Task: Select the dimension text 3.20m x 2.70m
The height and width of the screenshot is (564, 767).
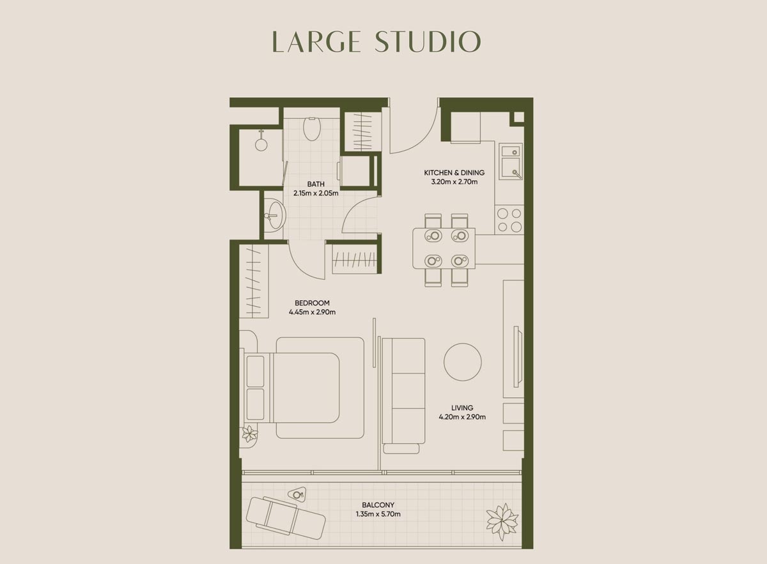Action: (x=454, y=181)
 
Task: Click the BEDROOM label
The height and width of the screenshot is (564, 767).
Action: (x=312, y=303)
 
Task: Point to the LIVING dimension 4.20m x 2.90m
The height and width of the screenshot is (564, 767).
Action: (x=462, y=417)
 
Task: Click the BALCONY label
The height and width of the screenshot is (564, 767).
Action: (x=378, y=505)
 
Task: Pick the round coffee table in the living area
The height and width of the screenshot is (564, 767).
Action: (x=463, y=362)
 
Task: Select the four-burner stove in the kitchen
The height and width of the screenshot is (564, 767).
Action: (x=509, y=220)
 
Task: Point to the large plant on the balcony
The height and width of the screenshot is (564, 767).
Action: (x=502, y=521)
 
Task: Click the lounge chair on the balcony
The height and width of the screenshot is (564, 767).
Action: (x=286, y=516)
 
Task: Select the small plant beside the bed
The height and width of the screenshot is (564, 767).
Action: (x=249, y=434)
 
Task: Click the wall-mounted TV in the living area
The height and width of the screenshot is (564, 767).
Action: (x=518, y=356)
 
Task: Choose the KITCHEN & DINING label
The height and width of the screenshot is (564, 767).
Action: (x=454, y=172)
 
